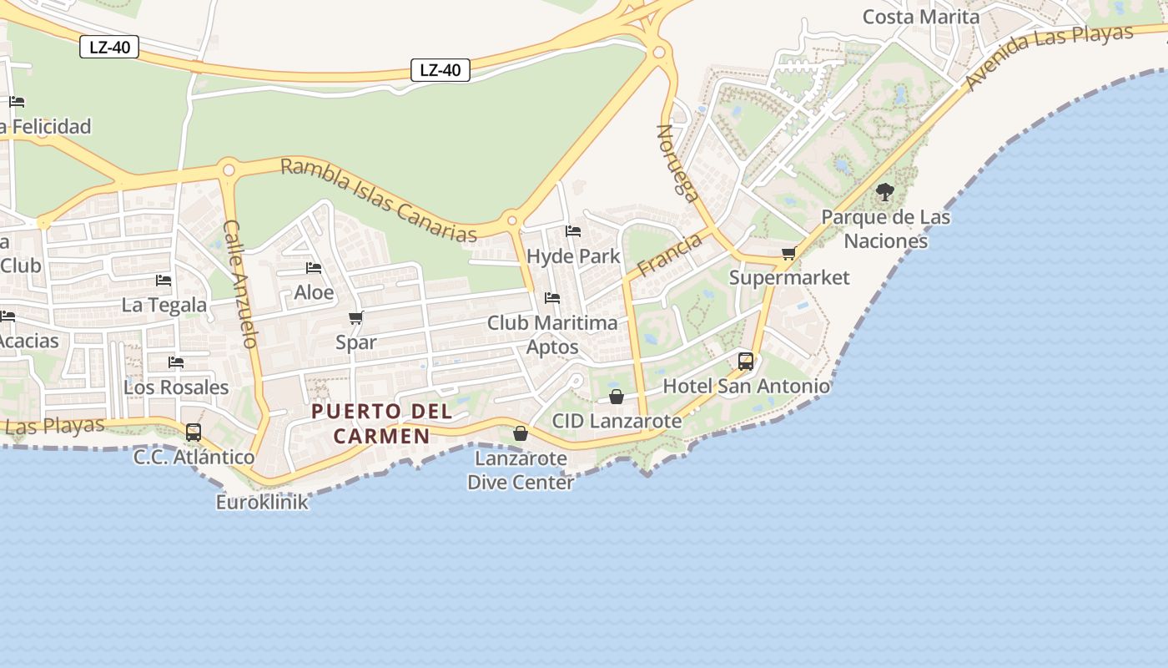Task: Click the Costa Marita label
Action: [920, 17]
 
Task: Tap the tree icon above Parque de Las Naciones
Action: [885, 193]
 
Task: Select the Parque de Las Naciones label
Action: [885, 229]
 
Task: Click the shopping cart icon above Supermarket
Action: [788, 253]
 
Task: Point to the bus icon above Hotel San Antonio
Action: [746, 362]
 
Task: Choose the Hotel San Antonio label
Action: [746, 386]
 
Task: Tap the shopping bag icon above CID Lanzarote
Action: [617, 397]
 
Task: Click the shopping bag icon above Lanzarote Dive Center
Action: [521, 433]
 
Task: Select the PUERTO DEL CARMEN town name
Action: [382, 423]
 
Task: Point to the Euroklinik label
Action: [262, 502]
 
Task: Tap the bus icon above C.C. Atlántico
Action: [194, 433]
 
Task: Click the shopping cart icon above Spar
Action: [356, 318]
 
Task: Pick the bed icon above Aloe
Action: [314, 268]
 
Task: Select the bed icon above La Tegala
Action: [164, 281]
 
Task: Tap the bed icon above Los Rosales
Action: [176, 362]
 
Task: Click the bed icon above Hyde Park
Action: [573, 231]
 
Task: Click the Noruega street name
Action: [677, 164]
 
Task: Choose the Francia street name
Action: [669, 256]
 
